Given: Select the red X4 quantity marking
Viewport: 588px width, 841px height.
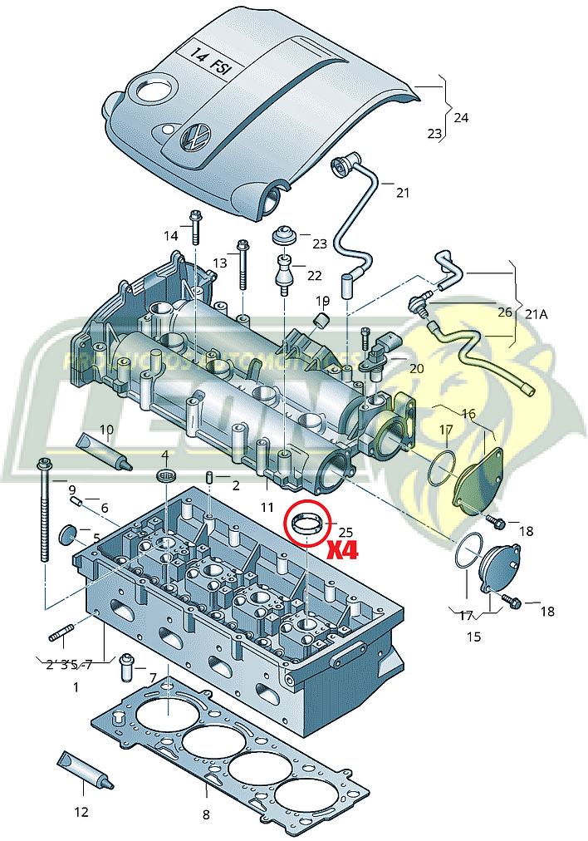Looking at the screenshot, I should (341, 549).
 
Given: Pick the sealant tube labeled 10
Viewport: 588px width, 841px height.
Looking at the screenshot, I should (104, 450).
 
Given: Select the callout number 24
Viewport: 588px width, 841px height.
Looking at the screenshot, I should (460, 117).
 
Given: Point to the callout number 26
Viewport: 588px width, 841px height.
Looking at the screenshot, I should (504, 312).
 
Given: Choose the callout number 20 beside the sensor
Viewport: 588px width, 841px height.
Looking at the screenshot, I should (415, 367).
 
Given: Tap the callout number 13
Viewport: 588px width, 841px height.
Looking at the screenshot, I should (218, 263).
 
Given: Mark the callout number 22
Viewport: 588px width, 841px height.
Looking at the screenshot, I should (314, 275).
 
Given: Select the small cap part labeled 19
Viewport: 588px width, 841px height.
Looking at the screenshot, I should (321, 321).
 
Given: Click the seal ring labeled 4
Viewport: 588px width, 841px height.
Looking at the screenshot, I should (166, 476).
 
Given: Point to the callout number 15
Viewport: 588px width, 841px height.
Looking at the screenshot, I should (473, 637).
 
